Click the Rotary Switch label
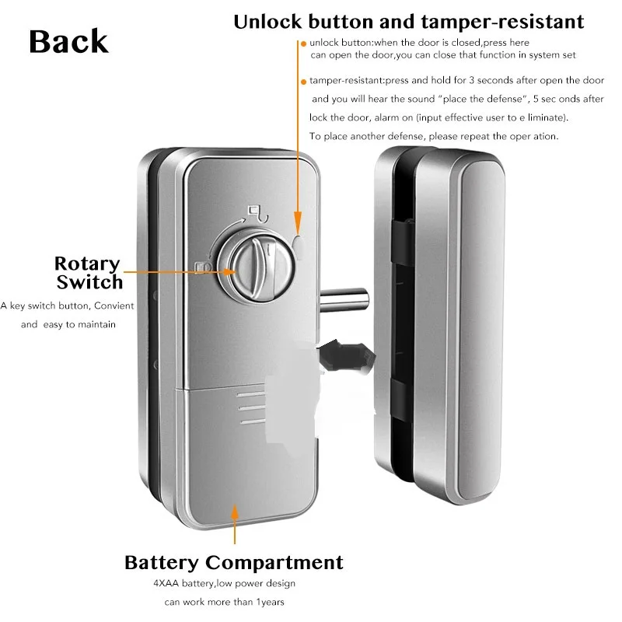(89, 272)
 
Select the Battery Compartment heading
(234, 561)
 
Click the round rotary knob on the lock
(257, 267)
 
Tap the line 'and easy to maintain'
(68, 324)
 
